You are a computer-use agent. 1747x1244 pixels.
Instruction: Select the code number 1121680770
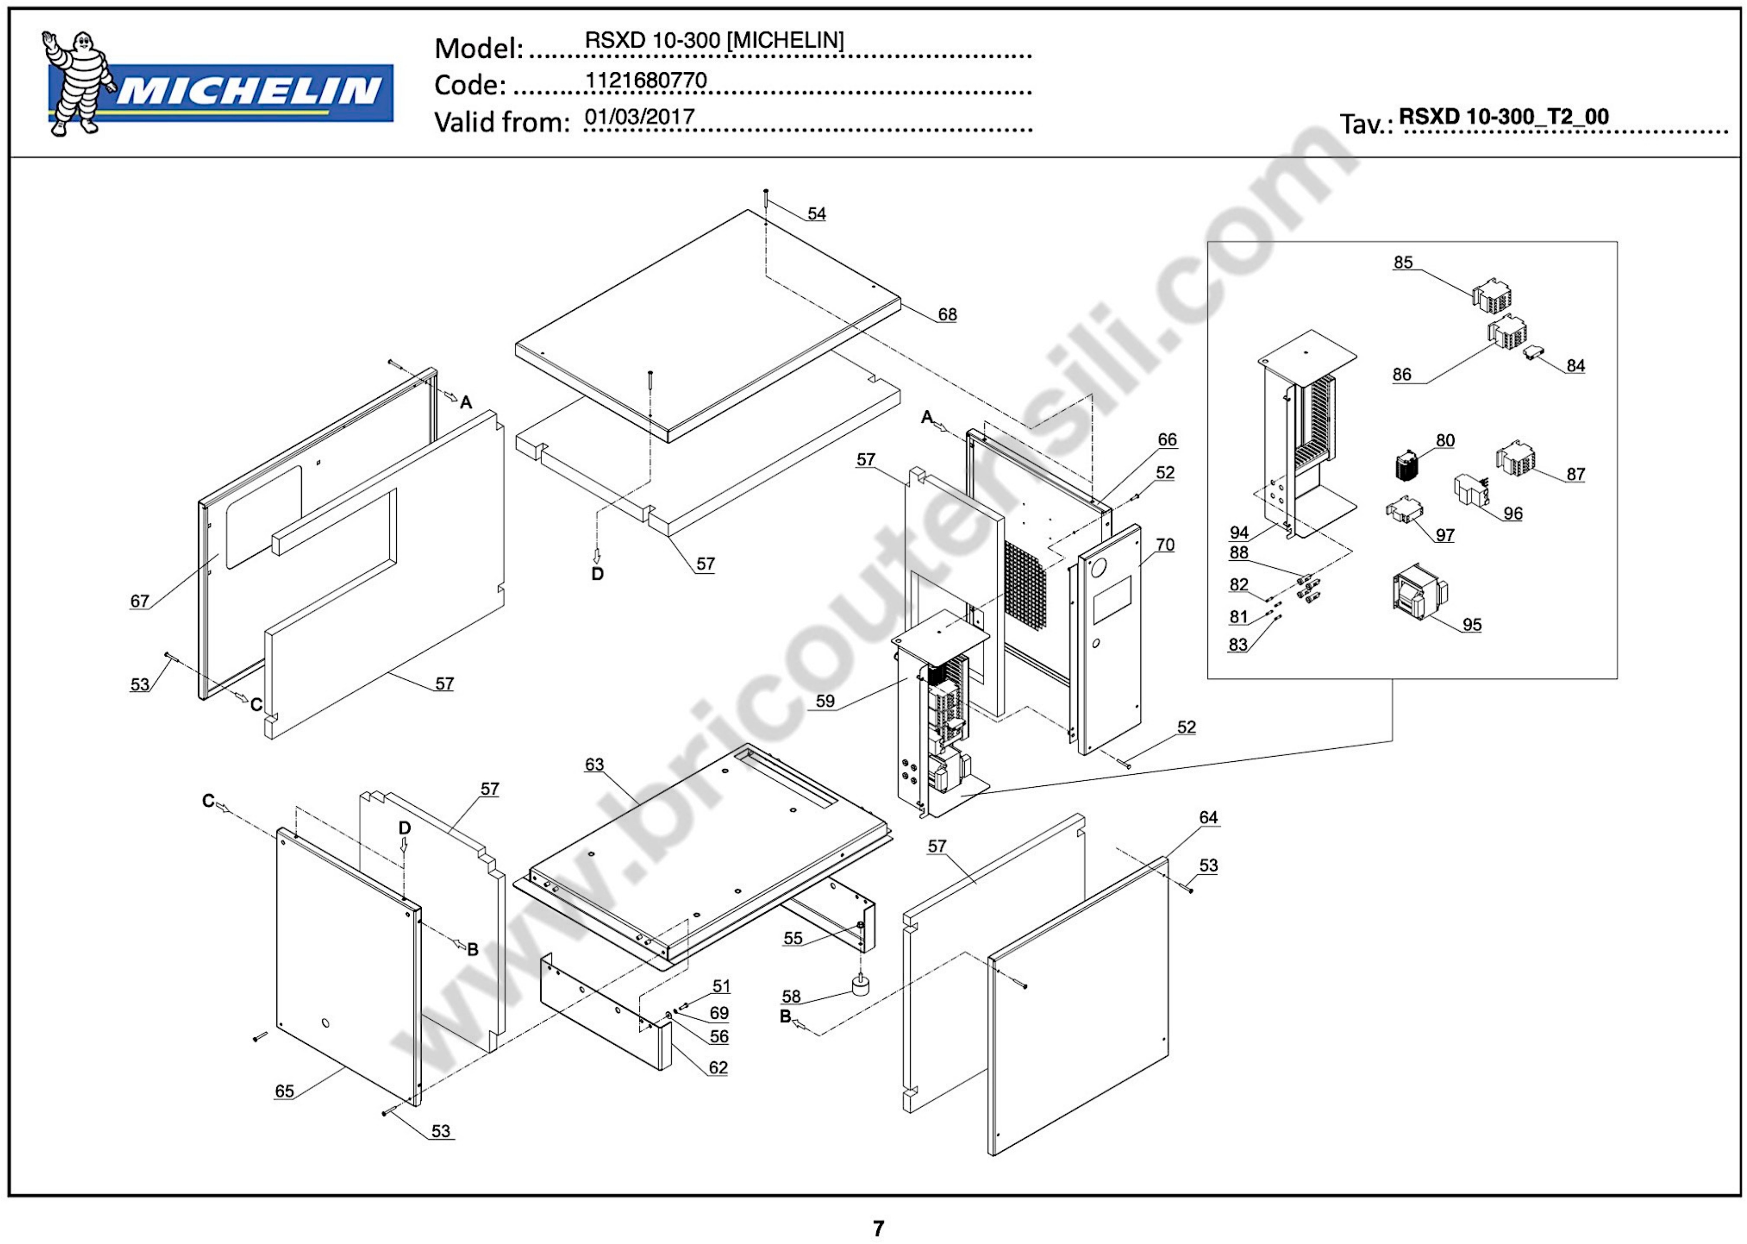(x=646, y=80)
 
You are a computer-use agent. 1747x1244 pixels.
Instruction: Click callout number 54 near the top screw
(x=817, y=214)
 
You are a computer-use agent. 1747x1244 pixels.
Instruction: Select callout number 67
(x=139, y=601)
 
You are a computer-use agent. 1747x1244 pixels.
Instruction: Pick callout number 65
(x=284, y=1091)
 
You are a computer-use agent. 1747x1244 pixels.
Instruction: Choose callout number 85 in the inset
(x=1402, y=263)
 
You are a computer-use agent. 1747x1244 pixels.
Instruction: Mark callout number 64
(x=1208, y=818)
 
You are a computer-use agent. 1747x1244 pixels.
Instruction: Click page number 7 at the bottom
(x=878, y=1228)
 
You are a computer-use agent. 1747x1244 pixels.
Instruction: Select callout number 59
(x=824, y=701)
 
